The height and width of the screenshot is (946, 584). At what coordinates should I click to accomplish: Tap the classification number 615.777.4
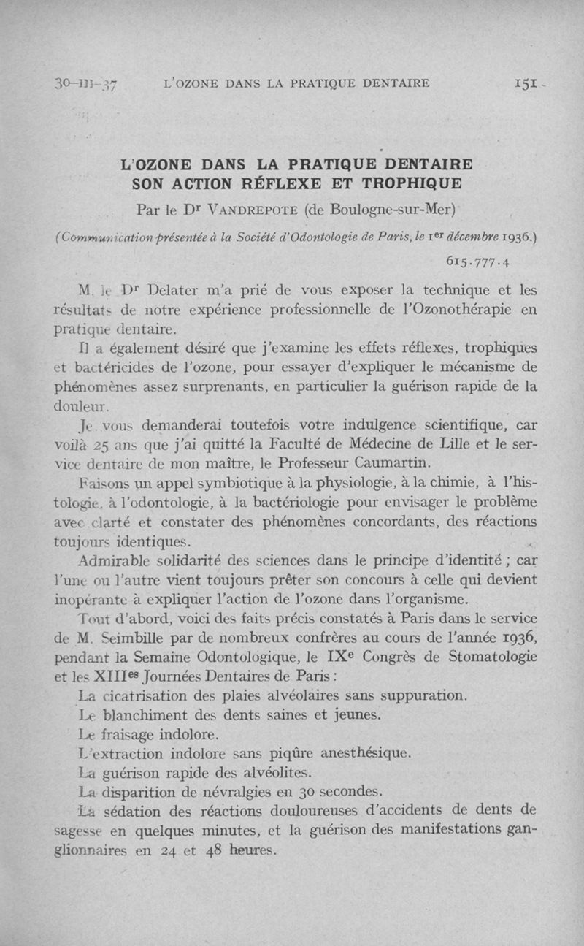click(x=477, y=262)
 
